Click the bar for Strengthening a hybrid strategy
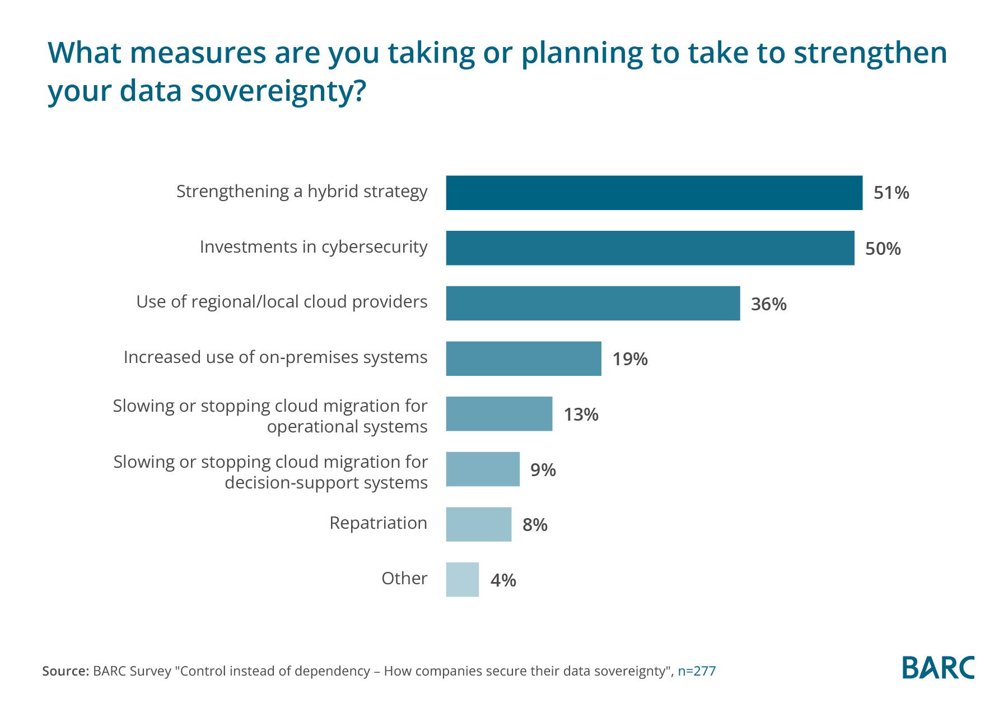pos(654,193)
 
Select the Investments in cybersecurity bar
pos(650,248)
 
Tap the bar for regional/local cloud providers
pos(592,304)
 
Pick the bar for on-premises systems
pos(524,359)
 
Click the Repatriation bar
pos(478,524)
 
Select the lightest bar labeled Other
pos(462,580)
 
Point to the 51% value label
pos(891,193)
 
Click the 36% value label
pos(768,304)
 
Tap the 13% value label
pos(581,415)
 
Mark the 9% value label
pos(543,470)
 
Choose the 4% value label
pos(503,580)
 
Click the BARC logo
pos(938,667)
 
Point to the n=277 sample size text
pos(697,671)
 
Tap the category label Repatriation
pos(378,523)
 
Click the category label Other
pos(404,579)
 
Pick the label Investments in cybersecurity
pos(314,247)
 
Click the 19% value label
pos(629,359)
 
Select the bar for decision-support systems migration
pos(483,469)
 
